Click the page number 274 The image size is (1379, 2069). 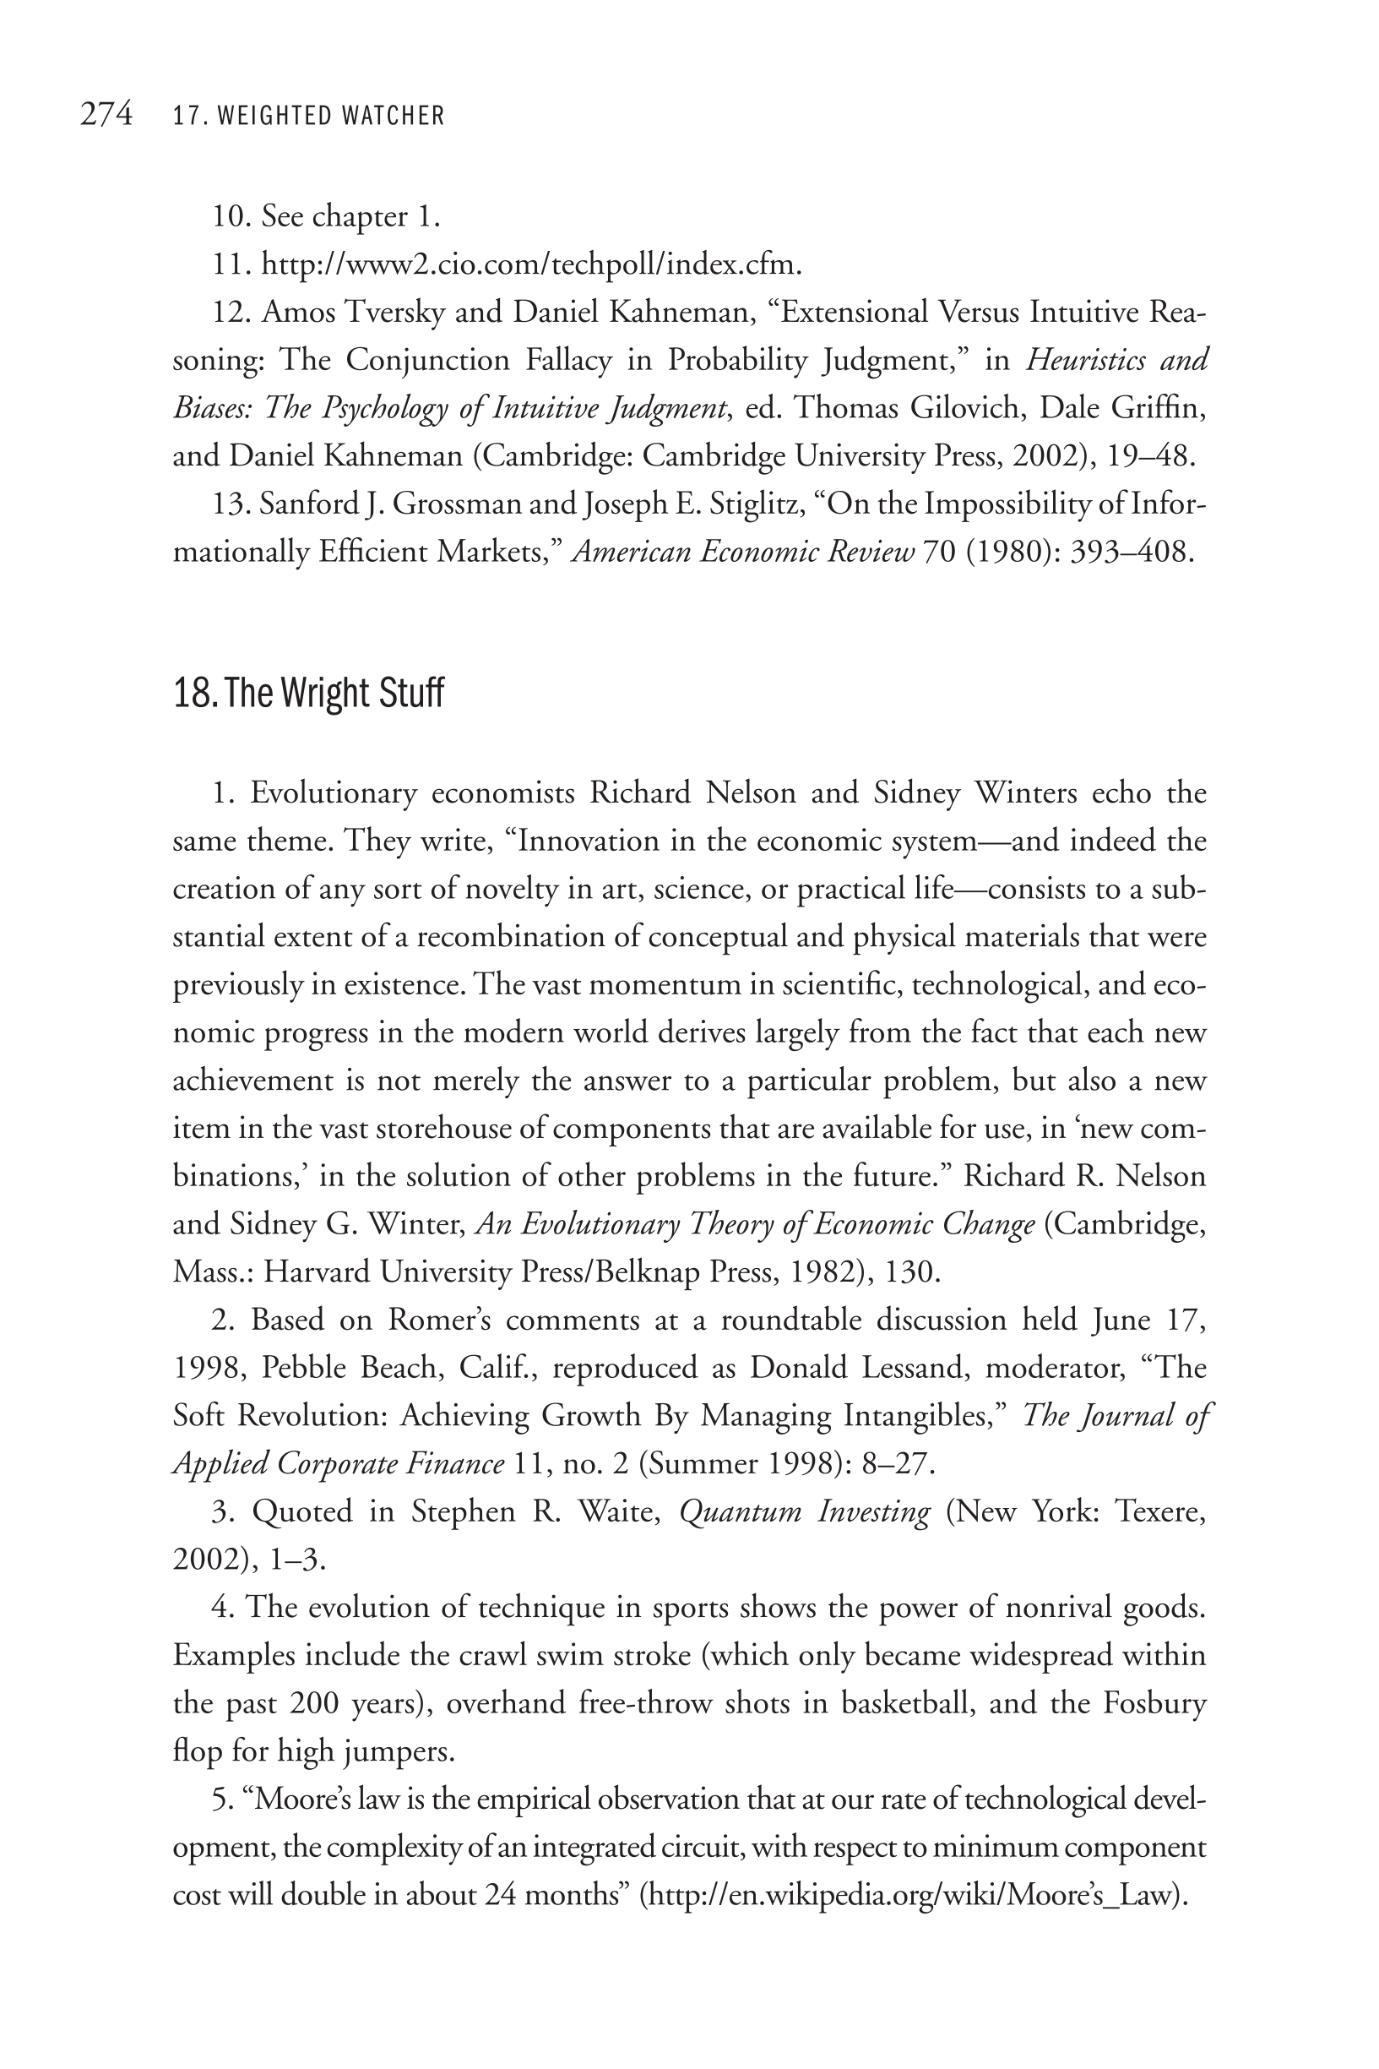click(106, 114)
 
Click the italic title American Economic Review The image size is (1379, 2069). click(743, 553)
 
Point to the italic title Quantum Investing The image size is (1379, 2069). click(805, 1511)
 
